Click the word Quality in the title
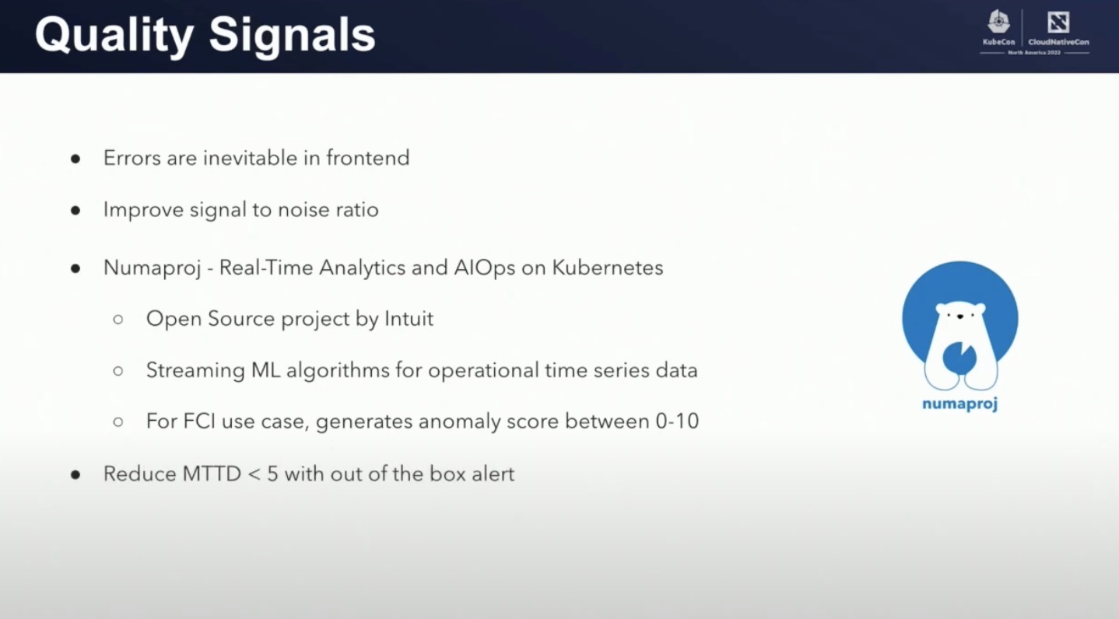point(114,36)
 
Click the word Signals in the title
point(293,35)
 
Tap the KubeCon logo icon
point(998,22)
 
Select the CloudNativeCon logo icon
point(1058,22)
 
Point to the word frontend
point(367,158)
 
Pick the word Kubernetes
point(608,268)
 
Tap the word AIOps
point(485,268)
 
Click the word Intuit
point(409,319)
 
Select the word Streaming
point(195,371)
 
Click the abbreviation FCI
point(199,421)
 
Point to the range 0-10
point(677,421)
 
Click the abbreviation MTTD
point(212,474)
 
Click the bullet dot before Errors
point(75,159)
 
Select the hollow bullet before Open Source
point(118,320)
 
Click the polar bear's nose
point(959,316)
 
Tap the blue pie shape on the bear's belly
point(959,358)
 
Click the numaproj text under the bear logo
point(959,404)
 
